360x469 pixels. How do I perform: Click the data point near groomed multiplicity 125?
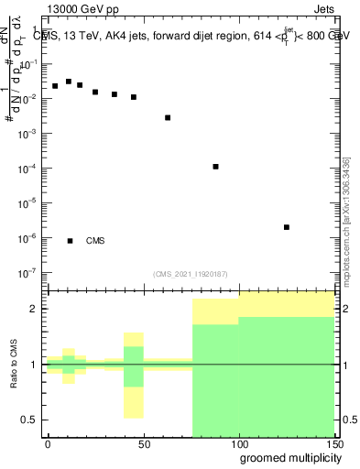tap(287, 227)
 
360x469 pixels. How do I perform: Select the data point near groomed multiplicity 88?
tap(215, 167)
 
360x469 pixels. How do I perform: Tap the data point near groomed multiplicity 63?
tap(168, 117)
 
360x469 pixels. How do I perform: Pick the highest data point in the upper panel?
tap(68, 82)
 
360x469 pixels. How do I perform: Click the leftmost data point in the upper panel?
tap(55, 86)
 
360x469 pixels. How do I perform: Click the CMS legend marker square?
tap(71, 241)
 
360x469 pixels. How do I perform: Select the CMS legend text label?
tap(95, 241)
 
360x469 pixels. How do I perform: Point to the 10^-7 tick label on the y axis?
tap(28, 272)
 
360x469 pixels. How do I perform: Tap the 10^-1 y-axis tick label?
tap(28, 64)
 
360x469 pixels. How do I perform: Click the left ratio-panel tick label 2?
tap(36, 309)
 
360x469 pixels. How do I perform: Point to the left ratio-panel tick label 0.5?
tap(31, 420)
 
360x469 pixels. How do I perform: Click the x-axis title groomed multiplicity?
tap(286, 457)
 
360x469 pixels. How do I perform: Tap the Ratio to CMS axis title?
tap(15, 364)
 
